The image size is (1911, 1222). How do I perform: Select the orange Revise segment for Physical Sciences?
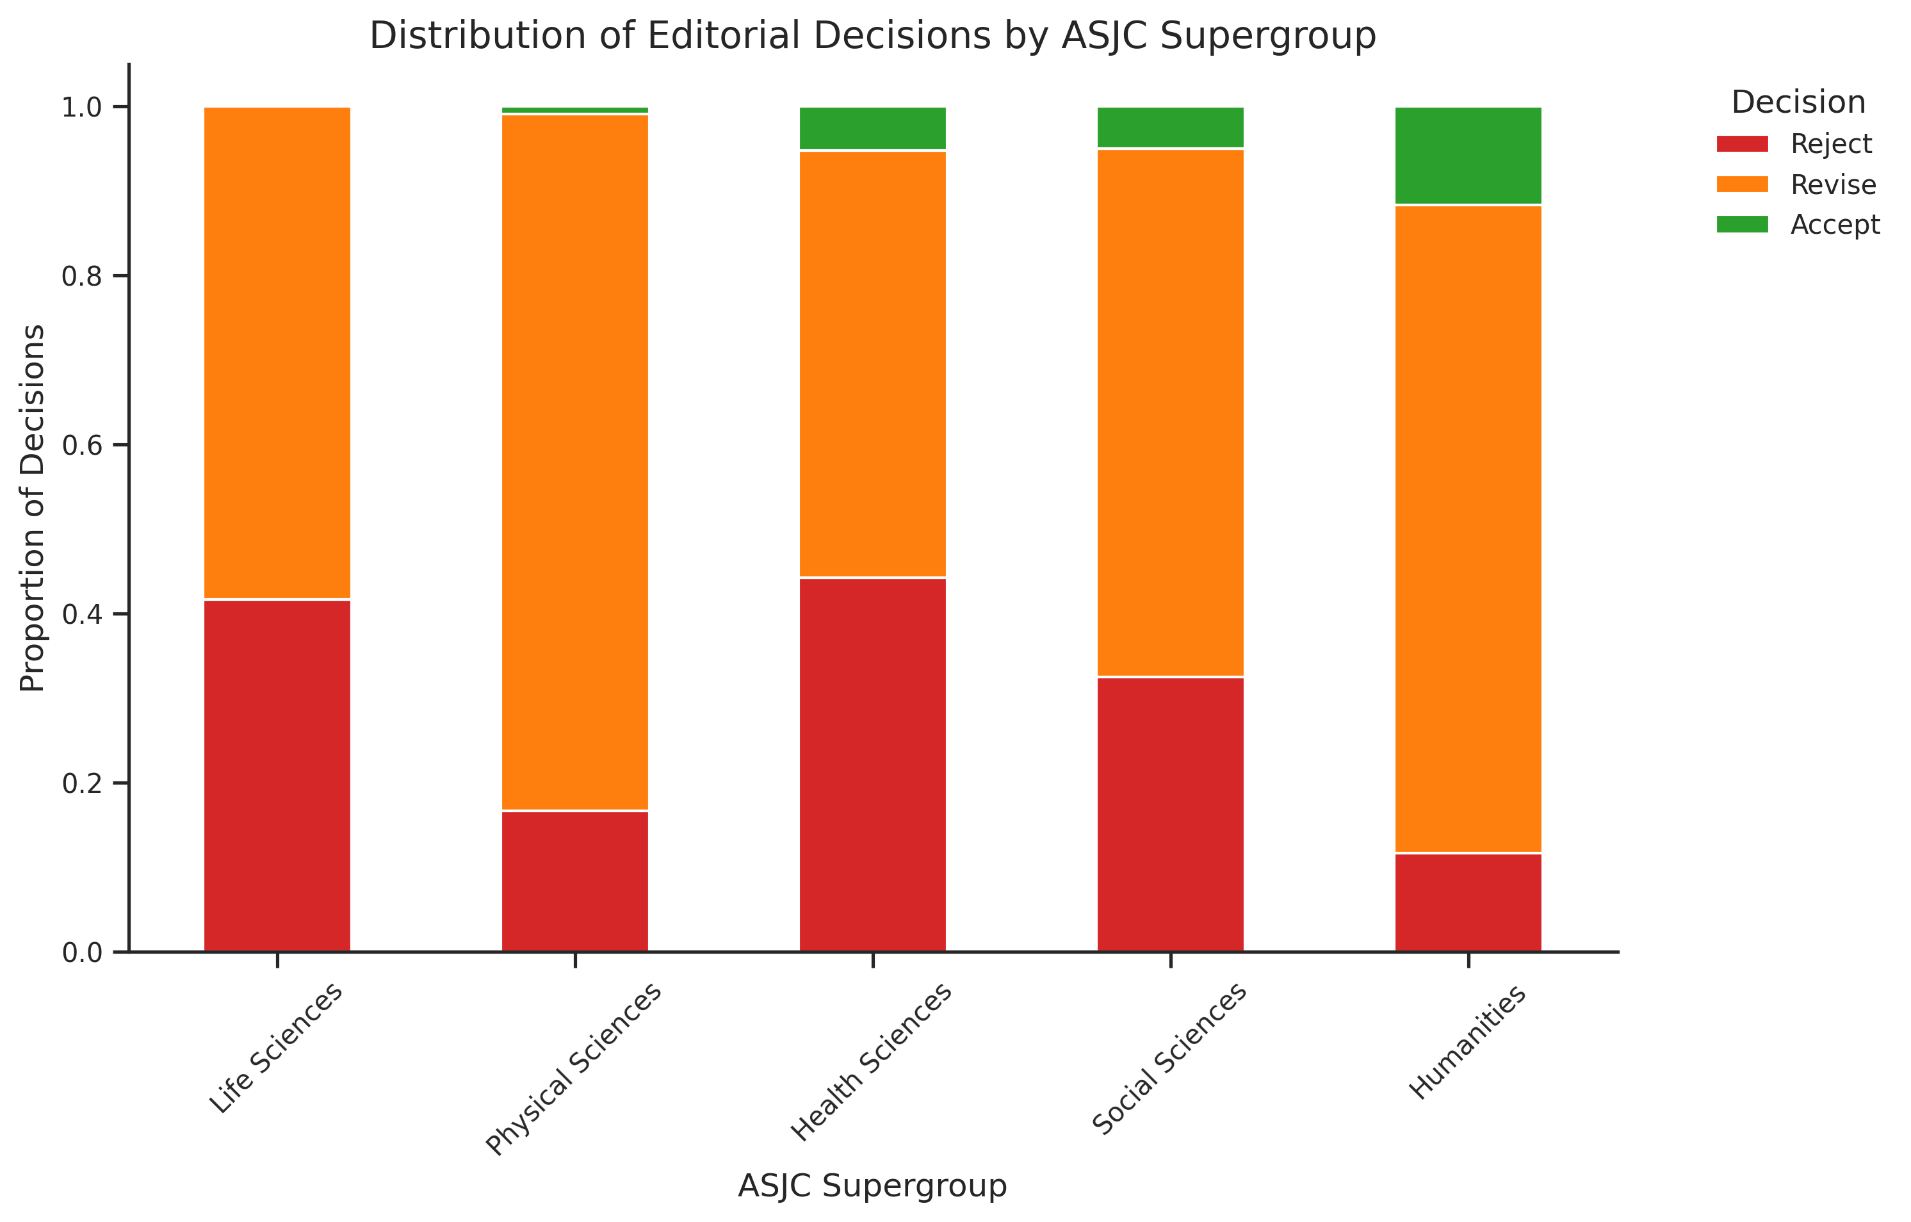tap(574, 462)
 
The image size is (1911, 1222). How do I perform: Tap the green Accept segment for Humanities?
tap(1468, 156)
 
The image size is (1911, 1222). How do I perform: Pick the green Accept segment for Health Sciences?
tap(872, 129)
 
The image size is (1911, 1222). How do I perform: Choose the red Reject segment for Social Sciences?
tap(1171, 814)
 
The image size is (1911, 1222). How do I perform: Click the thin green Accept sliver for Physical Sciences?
tap(574, 110)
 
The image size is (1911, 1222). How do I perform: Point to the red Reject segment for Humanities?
tap(1468, 902)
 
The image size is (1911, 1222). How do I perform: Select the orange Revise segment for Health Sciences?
tap(872, 363)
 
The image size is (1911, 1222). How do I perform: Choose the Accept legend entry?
tap(1798, 225)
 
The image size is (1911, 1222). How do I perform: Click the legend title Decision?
tap(1798, 102)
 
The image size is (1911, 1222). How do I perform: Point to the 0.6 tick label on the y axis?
tap(83, 445)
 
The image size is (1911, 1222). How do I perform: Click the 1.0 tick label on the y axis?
tap(83, 107)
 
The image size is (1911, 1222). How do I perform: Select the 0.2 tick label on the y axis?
tap(83, 783)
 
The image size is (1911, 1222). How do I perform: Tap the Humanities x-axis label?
tap(1467, 1041)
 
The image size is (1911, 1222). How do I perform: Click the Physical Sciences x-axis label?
tap(573, 1069)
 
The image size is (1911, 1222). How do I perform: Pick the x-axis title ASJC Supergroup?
tap(872, 1185)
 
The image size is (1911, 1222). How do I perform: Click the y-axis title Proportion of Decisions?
tap(33, 508)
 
